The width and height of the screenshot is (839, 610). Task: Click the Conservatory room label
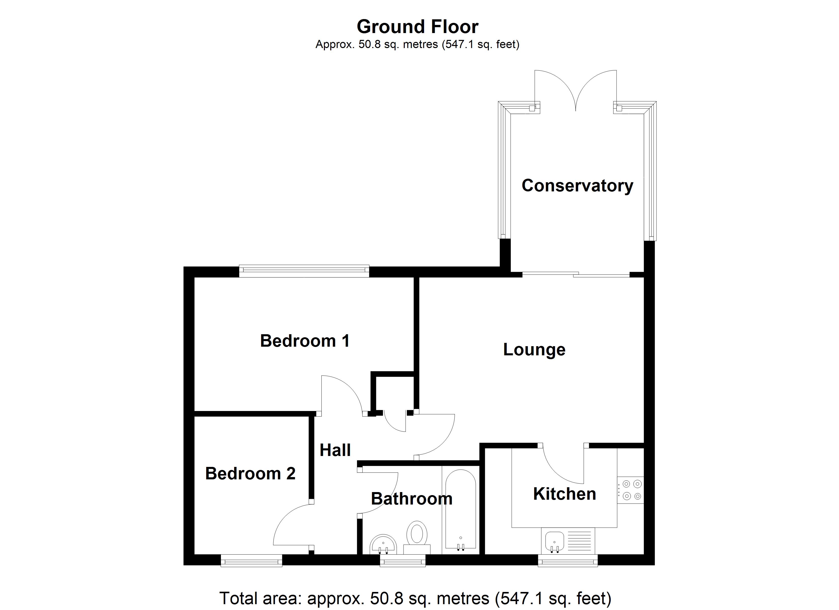point(577,186)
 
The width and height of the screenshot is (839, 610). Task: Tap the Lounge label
point(534,349)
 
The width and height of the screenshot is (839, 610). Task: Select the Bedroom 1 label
point(305,341)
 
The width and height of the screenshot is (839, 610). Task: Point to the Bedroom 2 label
point(250,474)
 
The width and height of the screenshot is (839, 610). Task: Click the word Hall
point(335,450)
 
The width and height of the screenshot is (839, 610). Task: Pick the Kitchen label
point(564,494)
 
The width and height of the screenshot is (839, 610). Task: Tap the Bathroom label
point(411,499)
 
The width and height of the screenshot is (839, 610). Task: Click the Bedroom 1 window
point(304,271)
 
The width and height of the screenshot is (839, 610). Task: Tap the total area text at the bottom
point(415,598)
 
